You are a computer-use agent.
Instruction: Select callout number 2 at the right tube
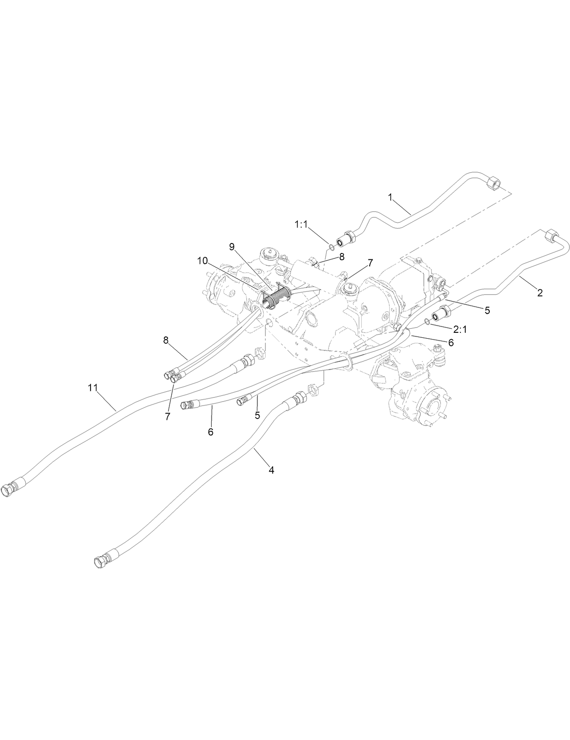click(x=540, y=293)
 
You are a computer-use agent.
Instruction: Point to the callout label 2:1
click(x=460, y=330)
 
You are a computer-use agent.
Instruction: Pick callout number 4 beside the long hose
click(x=271, y=470)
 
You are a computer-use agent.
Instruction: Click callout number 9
click(x=232, y=247)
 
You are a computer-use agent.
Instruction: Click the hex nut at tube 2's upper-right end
click(x=551, y=235)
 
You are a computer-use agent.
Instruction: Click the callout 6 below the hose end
click(x=211, y=432)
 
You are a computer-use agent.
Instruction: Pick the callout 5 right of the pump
click(x=487, y=311)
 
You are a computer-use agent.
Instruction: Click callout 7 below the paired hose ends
click(x=168, y=416)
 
